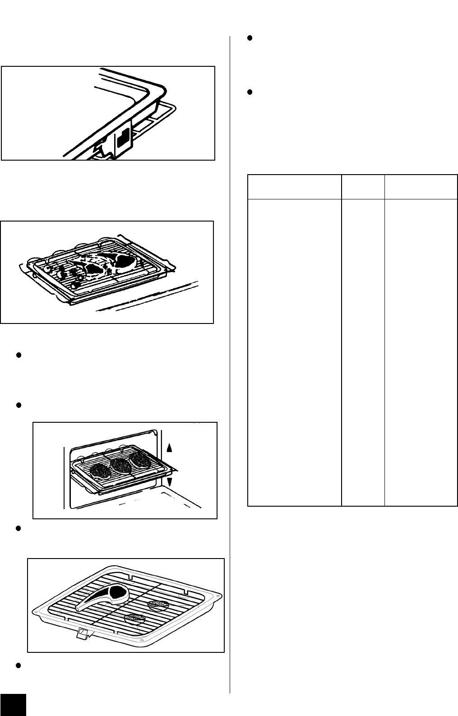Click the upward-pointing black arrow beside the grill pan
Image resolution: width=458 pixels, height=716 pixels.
tap(170, 447)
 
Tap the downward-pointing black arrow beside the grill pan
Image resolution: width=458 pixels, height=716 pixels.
tap(170, 482)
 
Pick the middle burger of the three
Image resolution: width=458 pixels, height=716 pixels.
tap(120, 465)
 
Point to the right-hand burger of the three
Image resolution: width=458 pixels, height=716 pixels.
tap(140, 459)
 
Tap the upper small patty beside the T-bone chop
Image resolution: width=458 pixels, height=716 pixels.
tap(157, 603)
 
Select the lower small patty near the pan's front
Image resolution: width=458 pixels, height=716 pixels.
tap(134, 618)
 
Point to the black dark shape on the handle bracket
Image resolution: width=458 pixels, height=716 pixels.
tap(123, 140)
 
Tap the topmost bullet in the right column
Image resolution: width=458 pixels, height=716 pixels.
tap(250, 38)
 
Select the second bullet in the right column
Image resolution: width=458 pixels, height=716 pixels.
tap(250, 92)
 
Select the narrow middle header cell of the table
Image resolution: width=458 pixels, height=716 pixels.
tap(363, 186)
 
